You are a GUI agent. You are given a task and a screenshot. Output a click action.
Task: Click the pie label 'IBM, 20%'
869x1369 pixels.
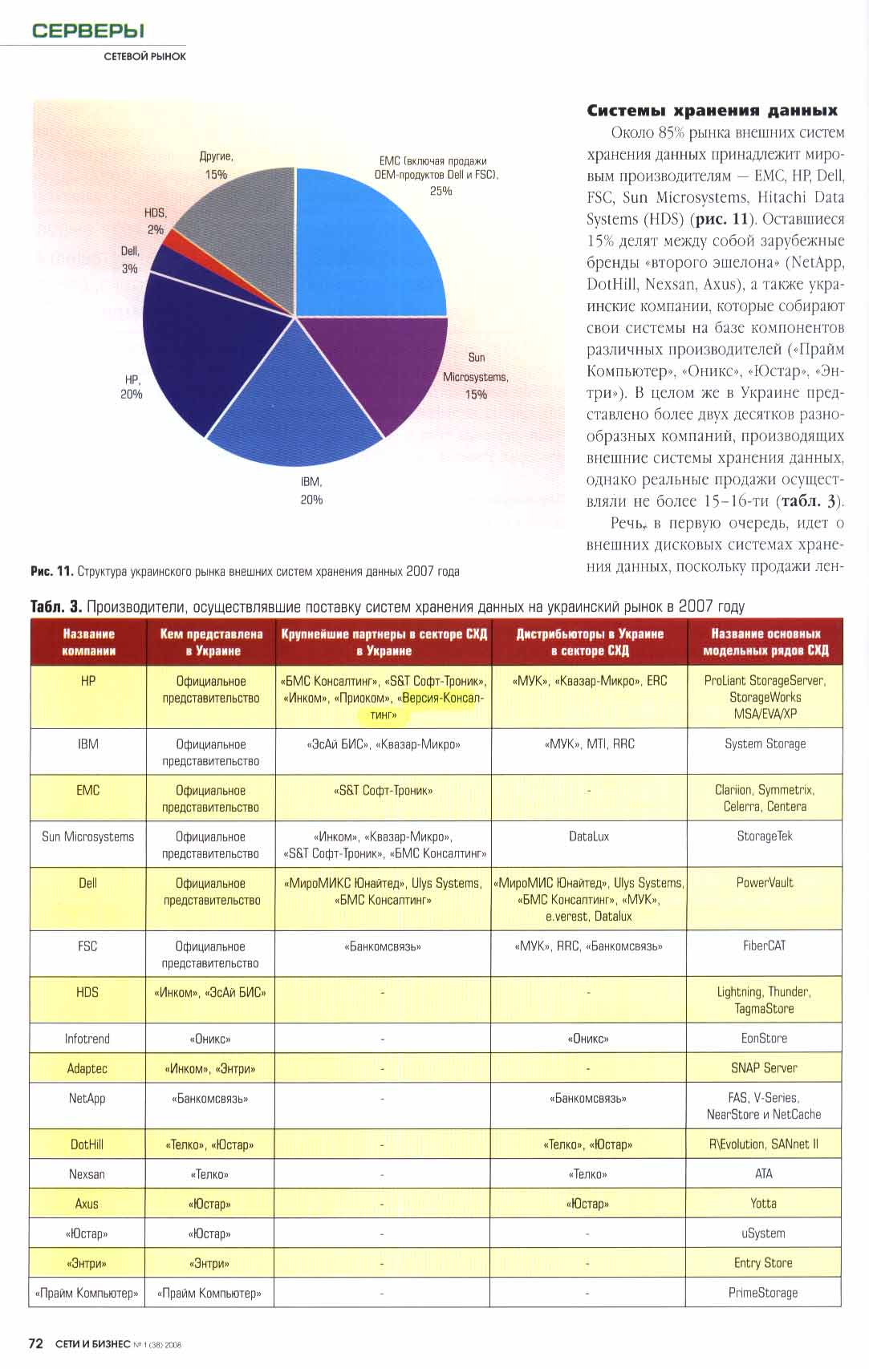pos(311,491)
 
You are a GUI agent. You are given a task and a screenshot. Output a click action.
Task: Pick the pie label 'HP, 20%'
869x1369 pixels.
pos(132,387)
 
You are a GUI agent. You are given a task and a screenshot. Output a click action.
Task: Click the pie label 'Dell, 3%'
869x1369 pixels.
pos(130,260)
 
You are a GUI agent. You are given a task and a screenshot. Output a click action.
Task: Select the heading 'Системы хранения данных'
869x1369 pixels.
pos(712,111)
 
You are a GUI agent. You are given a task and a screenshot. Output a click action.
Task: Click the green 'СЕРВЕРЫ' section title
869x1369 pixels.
pos(88,31)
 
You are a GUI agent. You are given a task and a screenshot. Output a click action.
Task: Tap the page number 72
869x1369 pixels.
pos(35,1343)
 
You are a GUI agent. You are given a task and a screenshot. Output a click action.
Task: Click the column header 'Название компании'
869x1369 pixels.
pos(88,642)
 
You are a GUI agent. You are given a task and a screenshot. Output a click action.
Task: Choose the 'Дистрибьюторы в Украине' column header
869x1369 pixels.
pos(590,642)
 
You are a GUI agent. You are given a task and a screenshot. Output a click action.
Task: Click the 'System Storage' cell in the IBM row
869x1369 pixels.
pos(765,744)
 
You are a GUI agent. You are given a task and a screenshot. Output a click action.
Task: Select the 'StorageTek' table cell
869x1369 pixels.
pos(765,836)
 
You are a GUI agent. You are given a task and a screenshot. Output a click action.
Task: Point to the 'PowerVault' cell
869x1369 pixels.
pos(765,883)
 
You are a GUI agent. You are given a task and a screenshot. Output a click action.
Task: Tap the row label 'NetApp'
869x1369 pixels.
pos(87,1099)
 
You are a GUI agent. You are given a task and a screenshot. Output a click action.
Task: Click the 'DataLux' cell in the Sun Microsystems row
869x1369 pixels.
pos(589,836)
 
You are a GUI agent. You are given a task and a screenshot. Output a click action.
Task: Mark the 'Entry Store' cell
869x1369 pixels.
pos(763,1263)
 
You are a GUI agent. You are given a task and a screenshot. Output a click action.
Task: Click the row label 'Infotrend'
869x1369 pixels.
pos(87,1039)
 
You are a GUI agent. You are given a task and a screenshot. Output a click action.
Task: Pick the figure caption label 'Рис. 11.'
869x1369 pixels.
pos(52,572)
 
